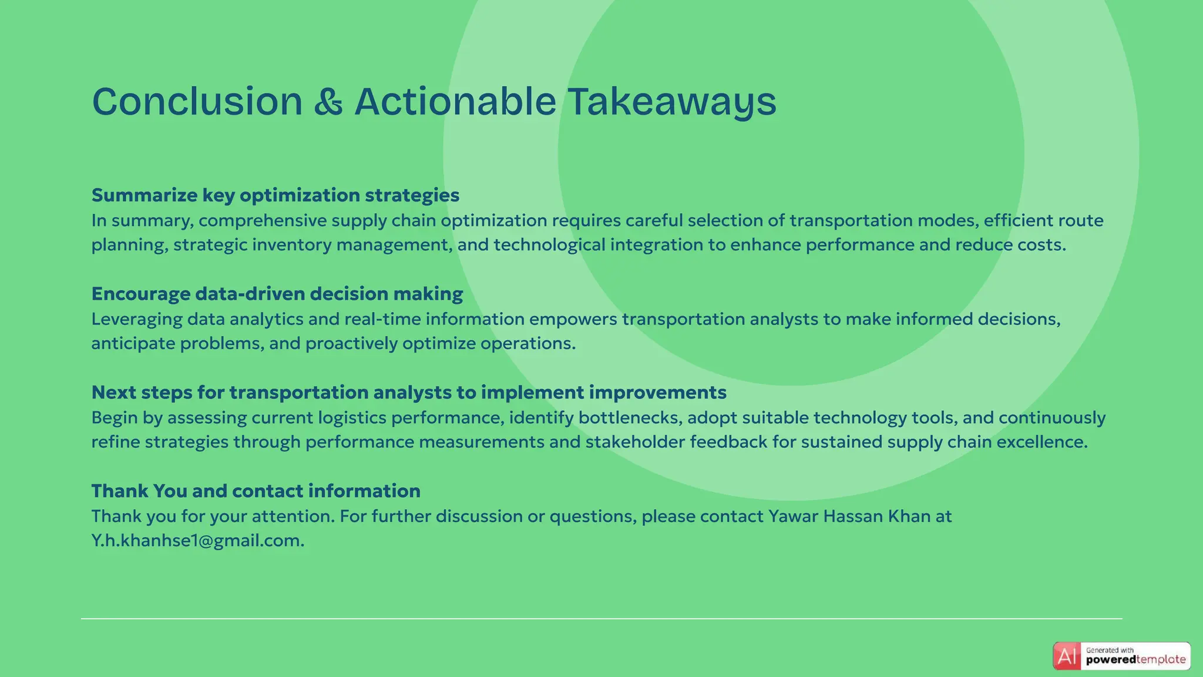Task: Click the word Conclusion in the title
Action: tap(197, 102)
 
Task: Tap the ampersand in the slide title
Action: tap(328, 102)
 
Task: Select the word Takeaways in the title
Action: tap(671, 102)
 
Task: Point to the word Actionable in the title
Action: tap(455, 102)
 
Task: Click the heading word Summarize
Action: tap(145, 195)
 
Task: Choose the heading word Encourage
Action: tap(141, 294)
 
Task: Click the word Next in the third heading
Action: tap(114, 393)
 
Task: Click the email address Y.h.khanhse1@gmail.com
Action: tap(197, 541)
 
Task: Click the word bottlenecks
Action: tap(630, 418)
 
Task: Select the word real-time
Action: tap(382, 319)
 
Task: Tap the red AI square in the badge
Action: tap(1067, 656)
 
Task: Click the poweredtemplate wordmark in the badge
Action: tap(1135, 660)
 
